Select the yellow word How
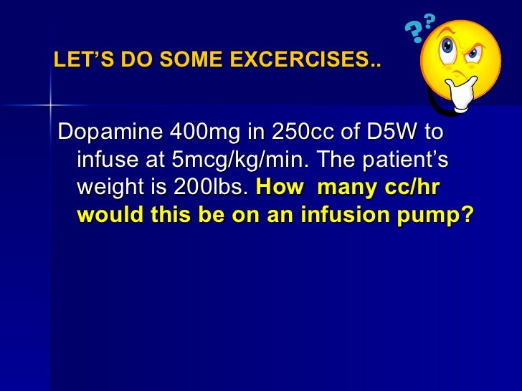[x=279, y=188]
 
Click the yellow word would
[x=104, y=215]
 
